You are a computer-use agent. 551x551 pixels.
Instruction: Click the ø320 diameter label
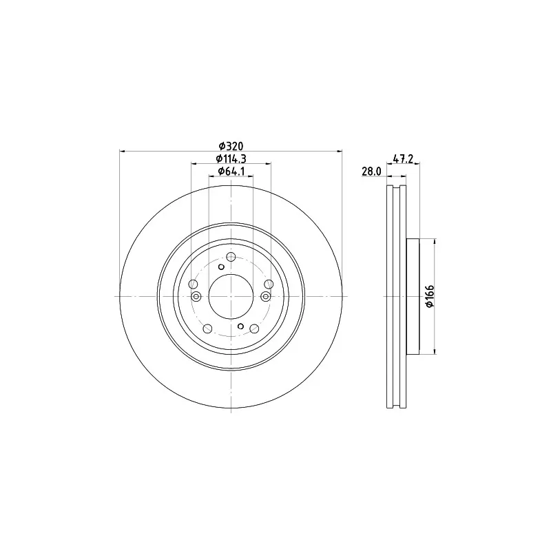[x=231, y=145]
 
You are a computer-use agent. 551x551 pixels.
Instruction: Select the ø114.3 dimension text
[x=231, y=158]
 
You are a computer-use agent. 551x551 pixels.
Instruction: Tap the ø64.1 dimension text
[x=231, y=171]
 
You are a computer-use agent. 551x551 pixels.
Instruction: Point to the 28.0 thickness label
[x=371, y=171]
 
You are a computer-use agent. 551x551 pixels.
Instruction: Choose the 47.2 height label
[x=403, y=159]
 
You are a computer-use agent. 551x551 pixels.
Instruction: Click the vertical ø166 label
[x=430, y=297]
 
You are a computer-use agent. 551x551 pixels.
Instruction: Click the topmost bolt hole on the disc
[x=231, y=257]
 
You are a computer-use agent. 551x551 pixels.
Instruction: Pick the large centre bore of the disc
[x=231, y=297]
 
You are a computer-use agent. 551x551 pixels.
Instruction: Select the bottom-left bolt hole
[x=208, y=329]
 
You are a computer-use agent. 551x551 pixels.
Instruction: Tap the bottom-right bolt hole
[x=254, y=329]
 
